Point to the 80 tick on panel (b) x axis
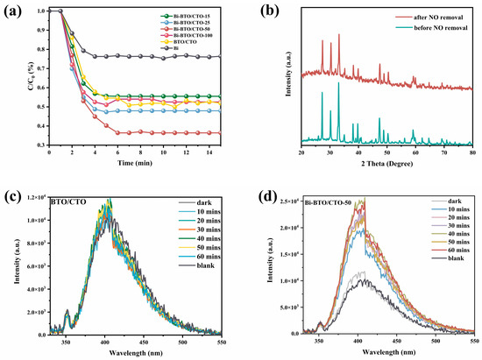coord(472,153)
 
